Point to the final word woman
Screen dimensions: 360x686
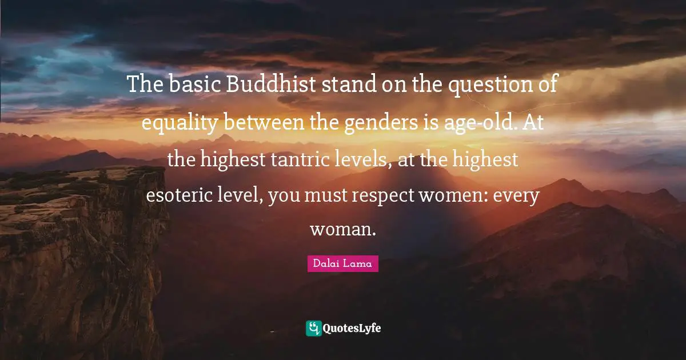343,230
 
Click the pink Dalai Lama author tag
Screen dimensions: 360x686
343,263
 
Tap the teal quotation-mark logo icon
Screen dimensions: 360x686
313,328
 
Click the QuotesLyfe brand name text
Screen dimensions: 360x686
352,329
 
